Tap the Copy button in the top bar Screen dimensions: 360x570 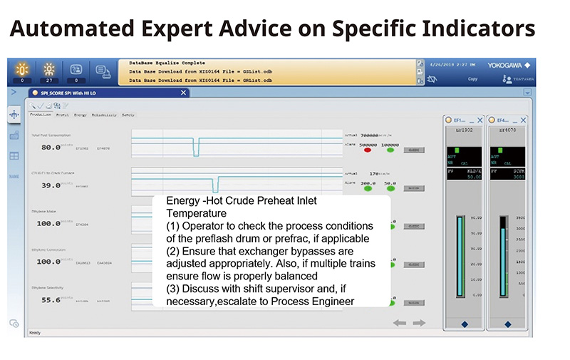pyautogui.click(x=472, y=79)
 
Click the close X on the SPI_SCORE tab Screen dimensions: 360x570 pyautogui.click(x=184, y=93)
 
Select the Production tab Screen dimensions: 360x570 pyautogui.click(x=40, y=115)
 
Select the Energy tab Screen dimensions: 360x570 pyautogui.click(x=81, y=115)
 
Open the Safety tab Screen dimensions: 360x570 pyautogui.click(x=128, y=115)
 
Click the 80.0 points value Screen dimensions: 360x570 pyautogui.click(x=50, y=148)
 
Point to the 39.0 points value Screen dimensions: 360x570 pyautogui.click(x=50, y=185)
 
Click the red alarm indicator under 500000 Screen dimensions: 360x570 pyautogui.click(x=368, y=150)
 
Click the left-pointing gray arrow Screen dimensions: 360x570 pyautogui.click(x=400, y=324)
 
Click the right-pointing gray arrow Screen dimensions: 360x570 pyautogui.click(x=419, y=324)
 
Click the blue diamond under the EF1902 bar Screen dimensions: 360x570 pyautogui.click(x=464, y=324)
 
